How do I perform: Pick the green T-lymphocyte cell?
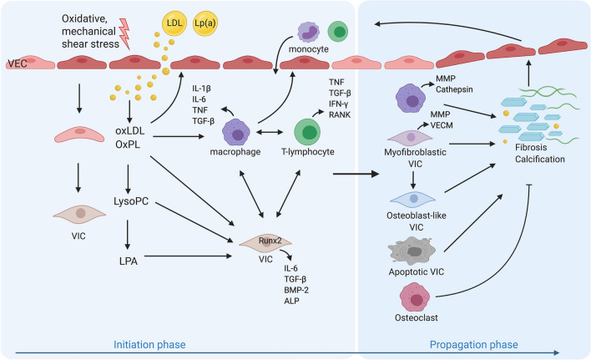(x=311, y=133)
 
